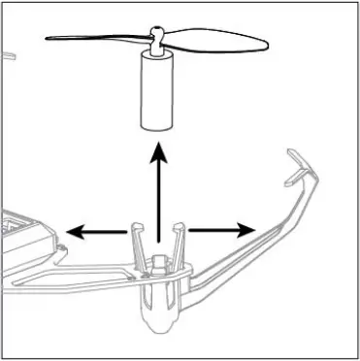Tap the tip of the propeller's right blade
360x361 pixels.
pyautogui.click(x=265, y=42)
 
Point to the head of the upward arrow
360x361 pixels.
pyautogui.click(x=157, y=151)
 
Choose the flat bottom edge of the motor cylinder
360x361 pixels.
pyautogui.click(x=155, y=127)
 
